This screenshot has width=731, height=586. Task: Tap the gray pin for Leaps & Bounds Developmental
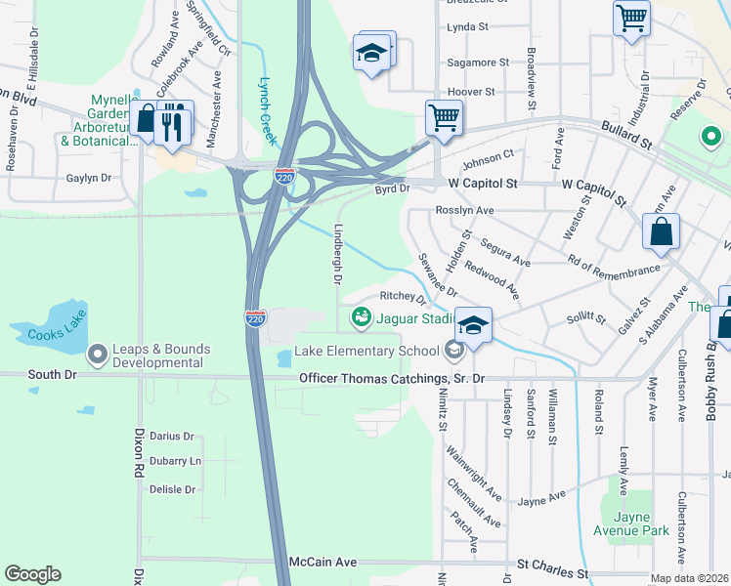point(97,354)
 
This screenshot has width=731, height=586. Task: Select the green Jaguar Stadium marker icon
point(362,317)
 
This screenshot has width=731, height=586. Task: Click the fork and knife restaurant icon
point(174,122)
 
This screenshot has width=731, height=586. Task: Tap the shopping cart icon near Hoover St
point(444,117)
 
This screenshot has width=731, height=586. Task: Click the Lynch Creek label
point(266,105)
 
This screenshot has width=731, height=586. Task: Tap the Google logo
point(33,574)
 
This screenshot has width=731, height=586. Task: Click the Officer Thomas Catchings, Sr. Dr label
point(392,378)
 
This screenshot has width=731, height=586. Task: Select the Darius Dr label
point(172,437)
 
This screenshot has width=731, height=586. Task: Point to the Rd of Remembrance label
point(614,259)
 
